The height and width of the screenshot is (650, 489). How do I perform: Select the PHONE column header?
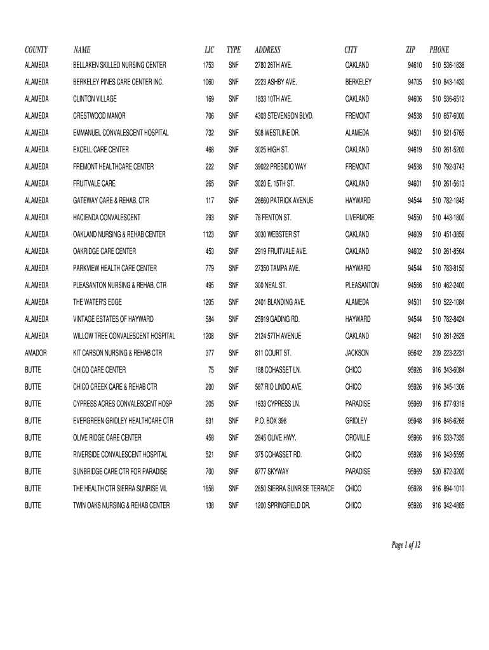tap(439, 50)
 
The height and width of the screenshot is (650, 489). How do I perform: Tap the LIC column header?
tap(210, 50)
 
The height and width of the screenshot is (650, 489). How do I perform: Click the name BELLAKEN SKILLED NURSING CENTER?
tap(119, 65)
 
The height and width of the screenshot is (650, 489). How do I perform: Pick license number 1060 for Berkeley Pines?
tap(208, 83)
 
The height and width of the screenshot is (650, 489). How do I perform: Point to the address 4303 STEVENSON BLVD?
tap(284, 116)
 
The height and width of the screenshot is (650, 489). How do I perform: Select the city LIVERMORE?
tap(360, 218)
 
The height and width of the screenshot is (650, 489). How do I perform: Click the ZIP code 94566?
tap(415, 286)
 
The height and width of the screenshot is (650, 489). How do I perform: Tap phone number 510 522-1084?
tap(448, 302)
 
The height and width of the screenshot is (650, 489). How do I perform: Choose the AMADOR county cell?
tap(36, 353)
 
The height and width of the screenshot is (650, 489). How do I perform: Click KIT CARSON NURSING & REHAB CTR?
tap(117, 353)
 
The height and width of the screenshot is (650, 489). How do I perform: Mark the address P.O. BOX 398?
tap(271, 421)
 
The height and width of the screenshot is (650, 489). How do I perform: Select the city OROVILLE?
tap(358, 438)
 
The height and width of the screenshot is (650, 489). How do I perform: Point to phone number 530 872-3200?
tap(448, 472)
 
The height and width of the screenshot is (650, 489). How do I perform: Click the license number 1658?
tap(208, 489)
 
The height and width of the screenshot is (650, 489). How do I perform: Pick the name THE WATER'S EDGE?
tap(95, 302)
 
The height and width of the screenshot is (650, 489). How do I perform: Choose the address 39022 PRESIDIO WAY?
tap(281, 167)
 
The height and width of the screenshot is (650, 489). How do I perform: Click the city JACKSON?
tap(357, 353)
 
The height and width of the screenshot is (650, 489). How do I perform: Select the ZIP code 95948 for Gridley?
tap(415, 421)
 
